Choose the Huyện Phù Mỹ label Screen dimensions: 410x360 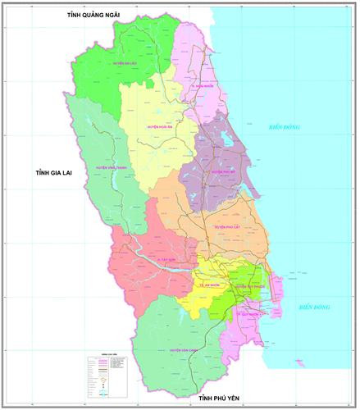pyautogui.click(x=223, y=172)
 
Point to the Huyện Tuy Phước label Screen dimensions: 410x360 pyautogui.click(x=247, y=288)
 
